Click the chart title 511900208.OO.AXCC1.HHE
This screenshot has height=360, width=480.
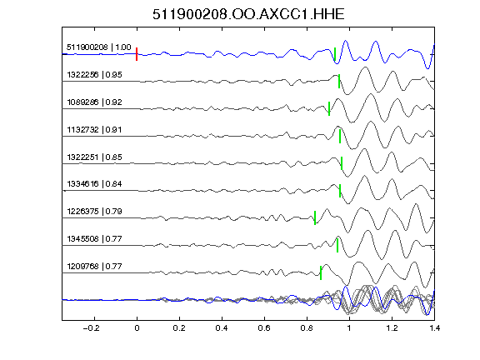pyautogui.click(x=248, y=14)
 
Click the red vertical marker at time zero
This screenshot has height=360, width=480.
pyautogui.click(x=137, y=54)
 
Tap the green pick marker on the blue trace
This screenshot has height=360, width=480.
pyautogui.click(x=335, y=54)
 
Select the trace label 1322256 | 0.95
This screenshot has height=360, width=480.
pyautogui.click(x=94, y=75)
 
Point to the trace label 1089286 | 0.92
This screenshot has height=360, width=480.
pyautogui.click(x=94, y=102)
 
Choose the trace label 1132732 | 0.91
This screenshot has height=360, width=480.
pyautogui.click(x=94, y=129)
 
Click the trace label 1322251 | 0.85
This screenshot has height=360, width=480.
pyautogui.click(x=94, y=157)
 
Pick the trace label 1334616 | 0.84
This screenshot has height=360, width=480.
pyautogui.click(x=94, y=183)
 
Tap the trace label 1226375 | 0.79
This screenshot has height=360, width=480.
pyautogui.click(x=94, y=211)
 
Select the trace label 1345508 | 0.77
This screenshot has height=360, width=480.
pyautogui.click(x=94, y=238)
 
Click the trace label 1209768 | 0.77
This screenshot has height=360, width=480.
pyautogui.click(x=94, y=266)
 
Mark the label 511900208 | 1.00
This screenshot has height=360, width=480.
pyautogui.click(x=98, y=47)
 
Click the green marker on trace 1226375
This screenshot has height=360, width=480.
pyautogui.click(x=315, y=217)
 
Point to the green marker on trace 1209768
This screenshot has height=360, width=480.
pyautogui.click(x=321, y=272)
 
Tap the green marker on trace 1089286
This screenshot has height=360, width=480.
pyautogui.click(x=329, y=108)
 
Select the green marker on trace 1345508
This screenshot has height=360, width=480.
pyautogui.click(x=337, y=245)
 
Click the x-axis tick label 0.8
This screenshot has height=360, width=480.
pyautogui.click(x=307, y=328)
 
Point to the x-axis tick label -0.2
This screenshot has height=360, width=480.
pyautogui.click(x=91, y=328)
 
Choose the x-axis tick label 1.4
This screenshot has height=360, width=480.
pyautogui.click(x=434, y=328)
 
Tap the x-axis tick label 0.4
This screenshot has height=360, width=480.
pyautogui.click(x=222, y=328)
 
